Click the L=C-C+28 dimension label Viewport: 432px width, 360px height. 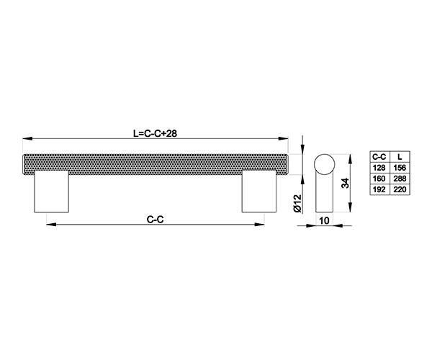coord(155,134)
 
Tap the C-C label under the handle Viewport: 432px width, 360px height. coord(155,220)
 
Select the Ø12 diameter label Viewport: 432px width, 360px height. coord(298,204)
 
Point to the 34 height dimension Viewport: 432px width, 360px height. coord(345,183)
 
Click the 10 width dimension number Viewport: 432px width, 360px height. coord(324,220)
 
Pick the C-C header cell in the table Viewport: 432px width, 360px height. coord(379,157)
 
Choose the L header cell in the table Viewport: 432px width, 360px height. coord(400,157)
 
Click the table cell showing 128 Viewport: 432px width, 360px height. coord(379,168)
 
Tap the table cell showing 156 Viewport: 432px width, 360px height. coord(400,168)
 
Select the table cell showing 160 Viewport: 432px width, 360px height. coord(379,179)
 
